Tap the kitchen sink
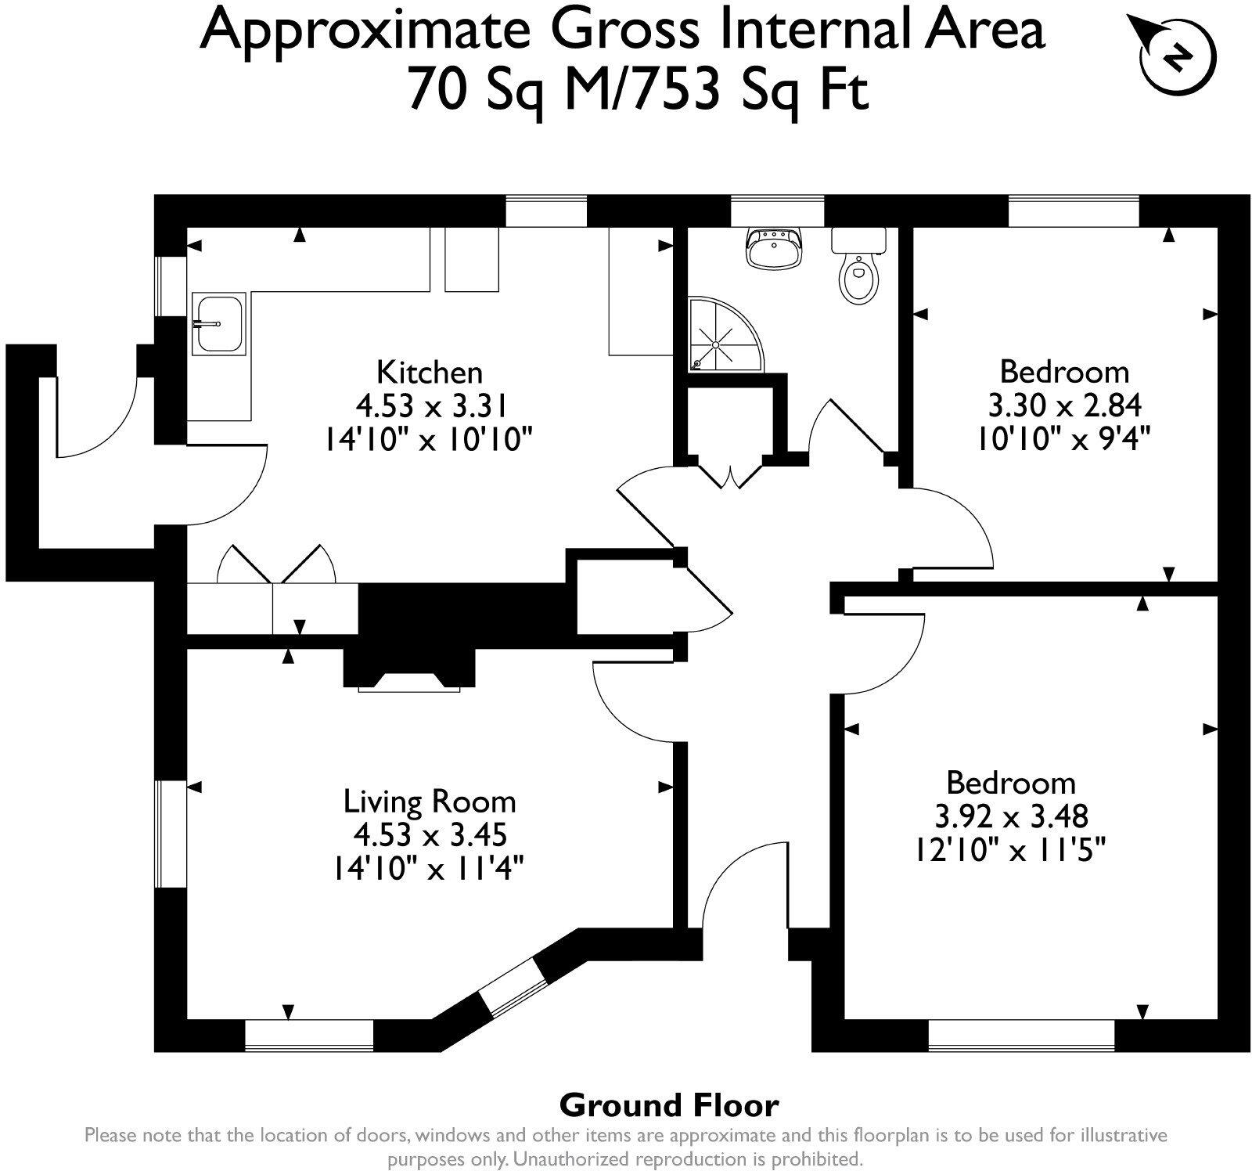219,322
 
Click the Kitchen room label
430,371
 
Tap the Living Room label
430,802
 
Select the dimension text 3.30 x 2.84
1064,405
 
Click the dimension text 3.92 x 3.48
1011,817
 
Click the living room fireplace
409,669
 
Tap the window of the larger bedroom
1020,1036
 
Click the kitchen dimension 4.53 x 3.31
432,405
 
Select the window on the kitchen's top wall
545,211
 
